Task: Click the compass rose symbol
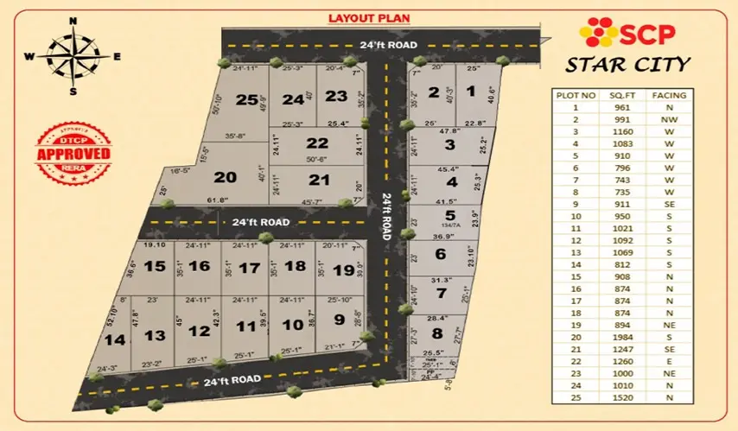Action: pos(73,55)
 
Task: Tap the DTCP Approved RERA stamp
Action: pos(73,153)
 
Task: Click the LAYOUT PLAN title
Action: pos(367,17)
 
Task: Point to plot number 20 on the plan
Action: pos(225,177)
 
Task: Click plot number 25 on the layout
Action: pos(247,100)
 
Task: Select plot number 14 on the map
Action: pos(114,340)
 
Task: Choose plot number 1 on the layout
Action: pos(470,91)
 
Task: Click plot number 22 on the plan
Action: pos(317,143)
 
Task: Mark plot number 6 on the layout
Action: pos(440,253)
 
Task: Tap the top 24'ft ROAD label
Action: pos(391,44)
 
